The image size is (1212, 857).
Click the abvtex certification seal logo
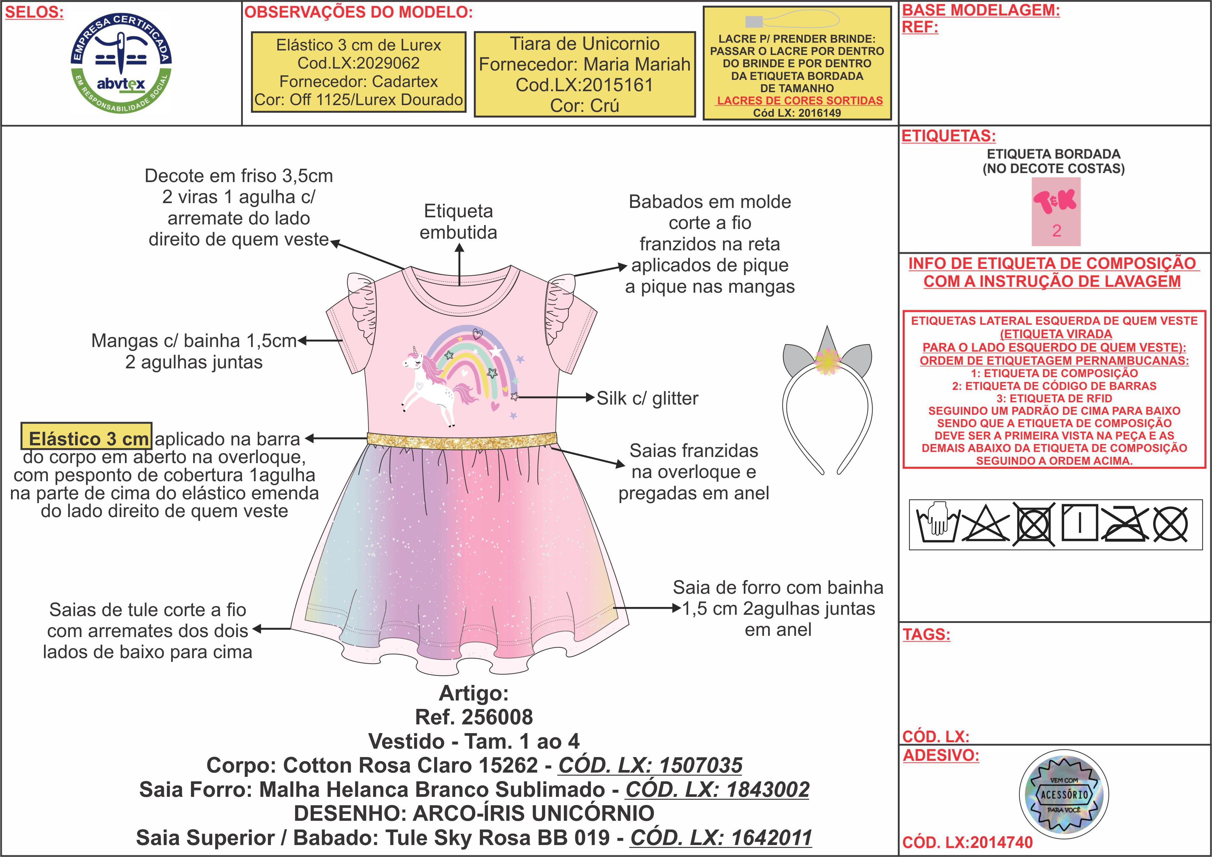121,63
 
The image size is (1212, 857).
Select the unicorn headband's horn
827,339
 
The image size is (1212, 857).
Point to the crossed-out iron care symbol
1124,524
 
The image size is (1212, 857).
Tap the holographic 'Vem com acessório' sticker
1064,794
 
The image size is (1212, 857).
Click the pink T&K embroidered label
1056,211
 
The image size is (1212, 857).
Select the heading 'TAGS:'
926,634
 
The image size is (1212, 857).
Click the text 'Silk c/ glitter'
647,398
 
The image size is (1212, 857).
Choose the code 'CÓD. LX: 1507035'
650,765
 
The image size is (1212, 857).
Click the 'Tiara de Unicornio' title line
584,44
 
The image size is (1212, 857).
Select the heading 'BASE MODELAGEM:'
980,10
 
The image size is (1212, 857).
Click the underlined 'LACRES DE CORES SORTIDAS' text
799,100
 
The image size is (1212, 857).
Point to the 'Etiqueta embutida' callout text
458,222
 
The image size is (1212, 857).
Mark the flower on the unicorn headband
827,361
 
